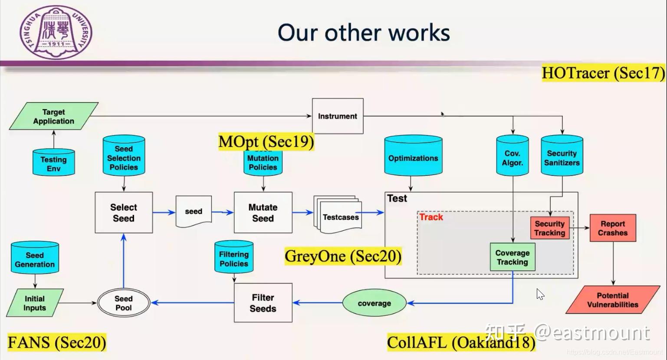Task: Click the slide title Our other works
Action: pos(364,33)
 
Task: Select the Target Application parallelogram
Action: pos(54,116)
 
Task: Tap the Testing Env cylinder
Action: pos(54,163)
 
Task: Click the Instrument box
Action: pos(338,116)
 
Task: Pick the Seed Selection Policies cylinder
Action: pos(124,157)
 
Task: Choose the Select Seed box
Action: pos(124,213)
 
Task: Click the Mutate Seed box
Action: pos(263,213)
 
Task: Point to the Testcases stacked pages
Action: pos(338,215)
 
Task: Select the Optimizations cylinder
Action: pos(413,157)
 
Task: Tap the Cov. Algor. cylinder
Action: pos(513,157)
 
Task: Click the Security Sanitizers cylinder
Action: pos(562,157)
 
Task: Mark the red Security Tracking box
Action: pos(550,228)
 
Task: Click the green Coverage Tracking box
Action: pos(513,257)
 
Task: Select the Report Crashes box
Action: pos(613,228)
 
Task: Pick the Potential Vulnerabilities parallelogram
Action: pos(613,300)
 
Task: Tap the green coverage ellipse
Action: pos(375,303)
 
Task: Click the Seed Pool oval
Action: pos(124,303)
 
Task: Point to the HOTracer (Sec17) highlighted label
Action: pos(603,73)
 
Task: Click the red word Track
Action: pos(431,217)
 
